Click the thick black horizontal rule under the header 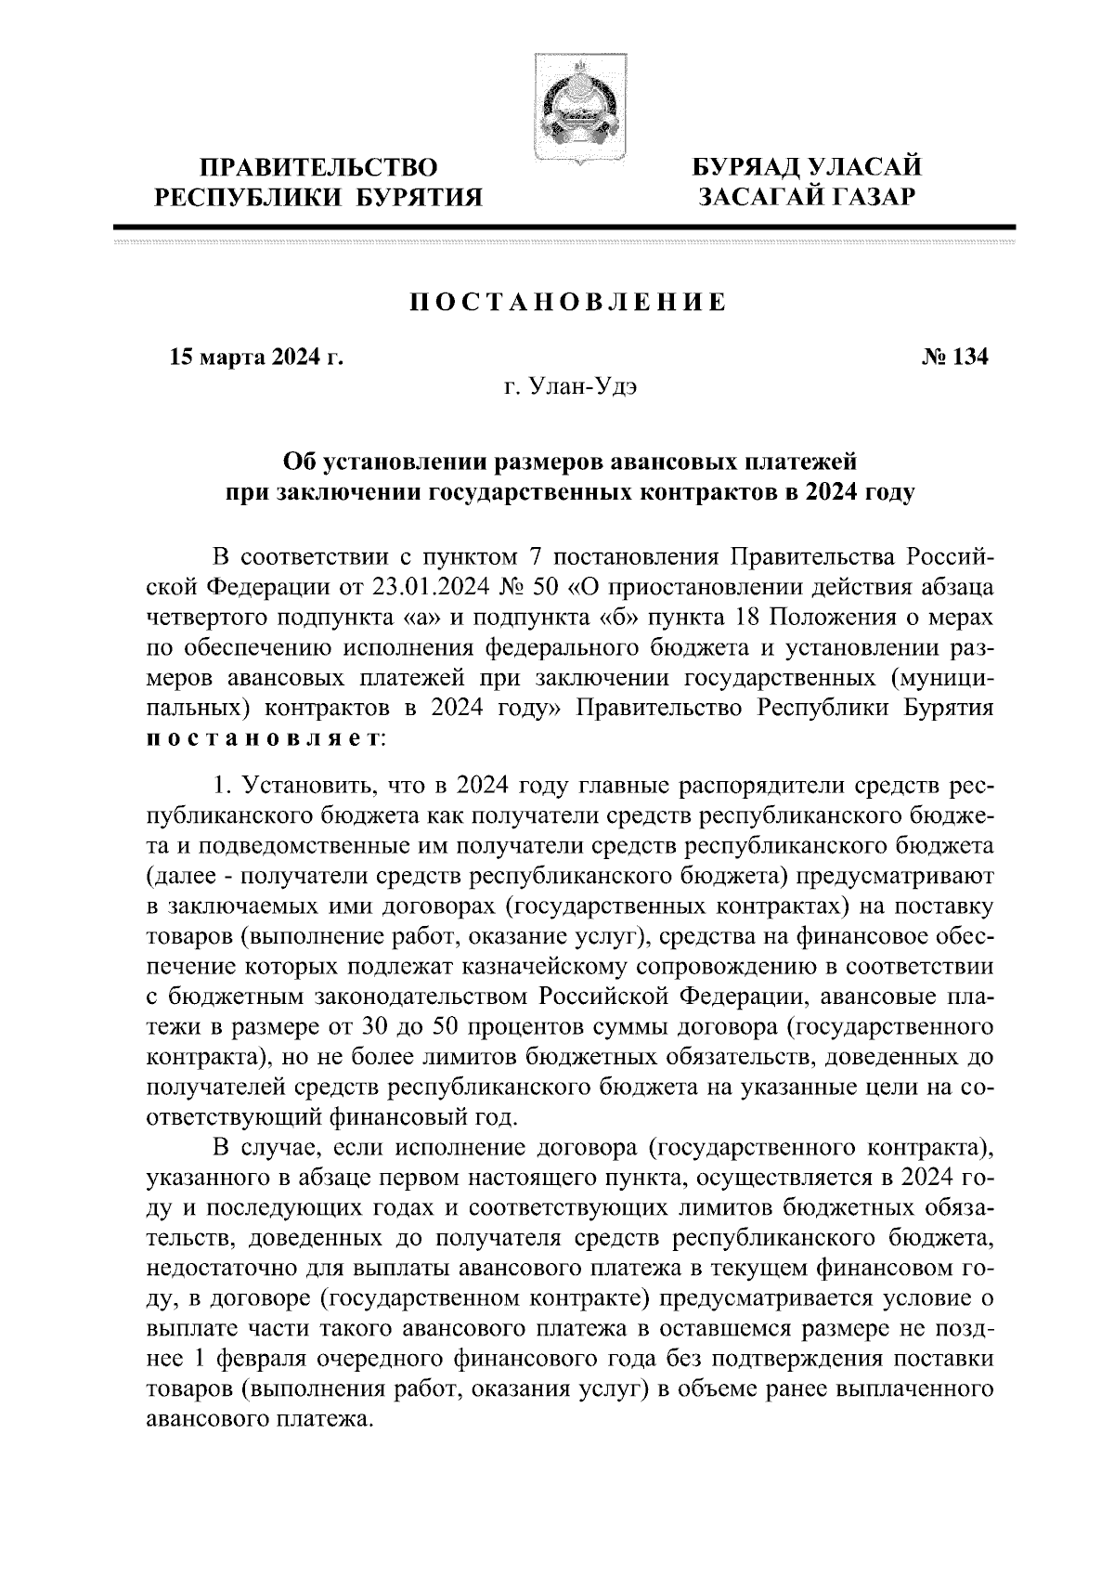point(564,227)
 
